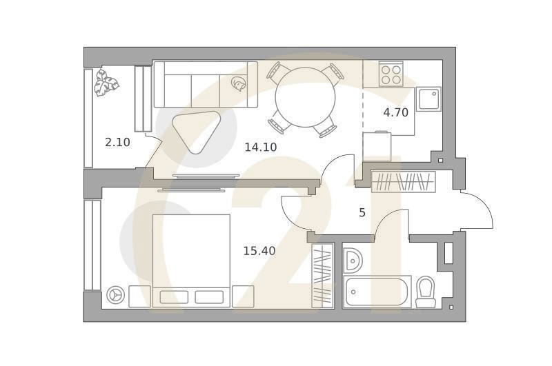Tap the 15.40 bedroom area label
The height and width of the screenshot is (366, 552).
pyautogui.click(x=259, y=252)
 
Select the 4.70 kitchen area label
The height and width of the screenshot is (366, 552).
pyautogui.click(x=396, y=113)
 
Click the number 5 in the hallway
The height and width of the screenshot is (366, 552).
pyautogui.click(x=362, y=213)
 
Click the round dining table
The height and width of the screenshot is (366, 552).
pyautogui.click(x=305, y=98)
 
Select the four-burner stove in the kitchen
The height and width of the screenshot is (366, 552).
pyautogui.click(x=391, y=74)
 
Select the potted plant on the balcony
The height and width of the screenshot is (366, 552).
pyautogui.click(x=107, y=83)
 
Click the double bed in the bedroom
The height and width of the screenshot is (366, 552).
pyautogui.click(x=191, y=261)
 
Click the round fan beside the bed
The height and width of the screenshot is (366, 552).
pyautogui.click(x=116, y=296)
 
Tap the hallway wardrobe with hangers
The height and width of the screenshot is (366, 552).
pyautogui.click(x=404, y=182)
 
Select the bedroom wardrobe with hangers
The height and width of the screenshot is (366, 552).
pyautogui.click(x=322, y=276)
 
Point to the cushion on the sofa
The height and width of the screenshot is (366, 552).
pyautogui.click(x=239, y=84)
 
